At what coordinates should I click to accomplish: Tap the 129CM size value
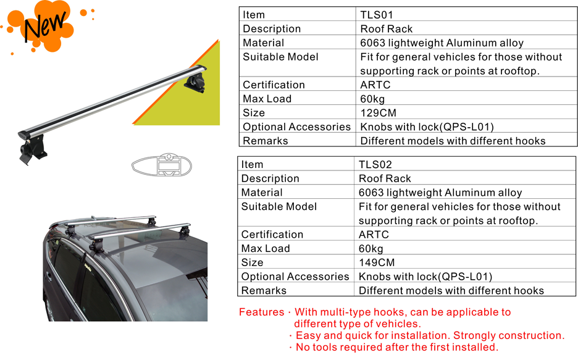coord(378,113)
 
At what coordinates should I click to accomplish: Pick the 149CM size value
coord(376,262)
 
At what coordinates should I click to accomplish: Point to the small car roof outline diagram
coord(161,165)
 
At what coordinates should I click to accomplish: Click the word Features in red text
coord(261,312)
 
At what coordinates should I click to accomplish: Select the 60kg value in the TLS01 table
coord(372,99)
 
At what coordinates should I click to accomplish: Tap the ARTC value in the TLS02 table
coord(374,235)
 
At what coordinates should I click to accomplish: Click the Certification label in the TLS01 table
coord(274,85)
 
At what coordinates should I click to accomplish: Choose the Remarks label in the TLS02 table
coord(264,290)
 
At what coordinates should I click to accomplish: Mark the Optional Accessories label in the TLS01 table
coord(296,127)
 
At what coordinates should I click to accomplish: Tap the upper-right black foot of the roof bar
coord(195,82)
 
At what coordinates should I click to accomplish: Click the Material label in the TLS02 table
coord(262,192)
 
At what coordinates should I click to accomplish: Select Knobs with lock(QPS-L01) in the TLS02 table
coord(425,277)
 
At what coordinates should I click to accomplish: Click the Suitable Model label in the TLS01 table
coord(280,57)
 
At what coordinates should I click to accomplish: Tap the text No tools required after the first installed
coord(397,347)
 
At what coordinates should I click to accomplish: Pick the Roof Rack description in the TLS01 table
coord(387,29)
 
